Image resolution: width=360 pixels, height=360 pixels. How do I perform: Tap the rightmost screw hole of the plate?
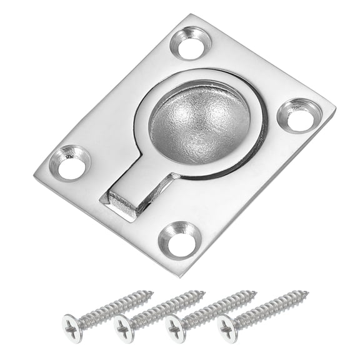pyautogui.click(x=299, y=115)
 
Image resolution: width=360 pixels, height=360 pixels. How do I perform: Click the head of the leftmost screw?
pyautogui.click(x=74, y=327)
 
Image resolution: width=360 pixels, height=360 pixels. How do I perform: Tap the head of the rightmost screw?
pyautogui.click(x=228, y=326)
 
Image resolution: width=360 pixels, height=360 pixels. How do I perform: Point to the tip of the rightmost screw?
pyautogui.click(x=307, y=291)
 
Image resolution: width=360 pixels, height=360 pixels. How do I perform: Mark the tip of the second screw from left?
pyautogui.click(x=204, y=292)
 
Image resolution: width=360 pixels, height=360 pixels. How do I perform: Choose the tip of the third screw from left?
pyautogui.click(x=256, y=291)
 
